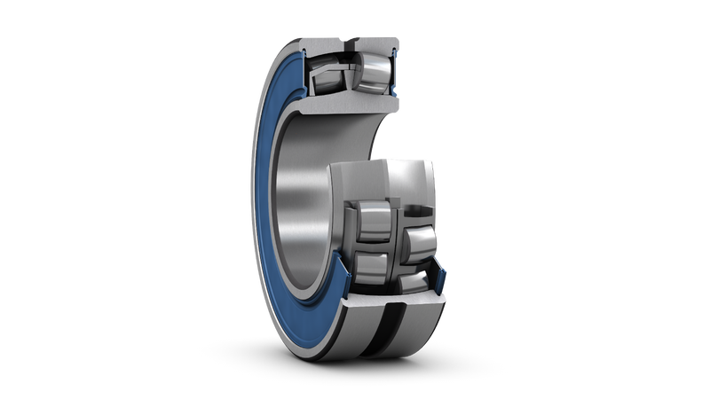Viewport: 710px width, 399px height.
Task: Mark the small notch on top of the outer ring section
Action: point(356,38)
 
